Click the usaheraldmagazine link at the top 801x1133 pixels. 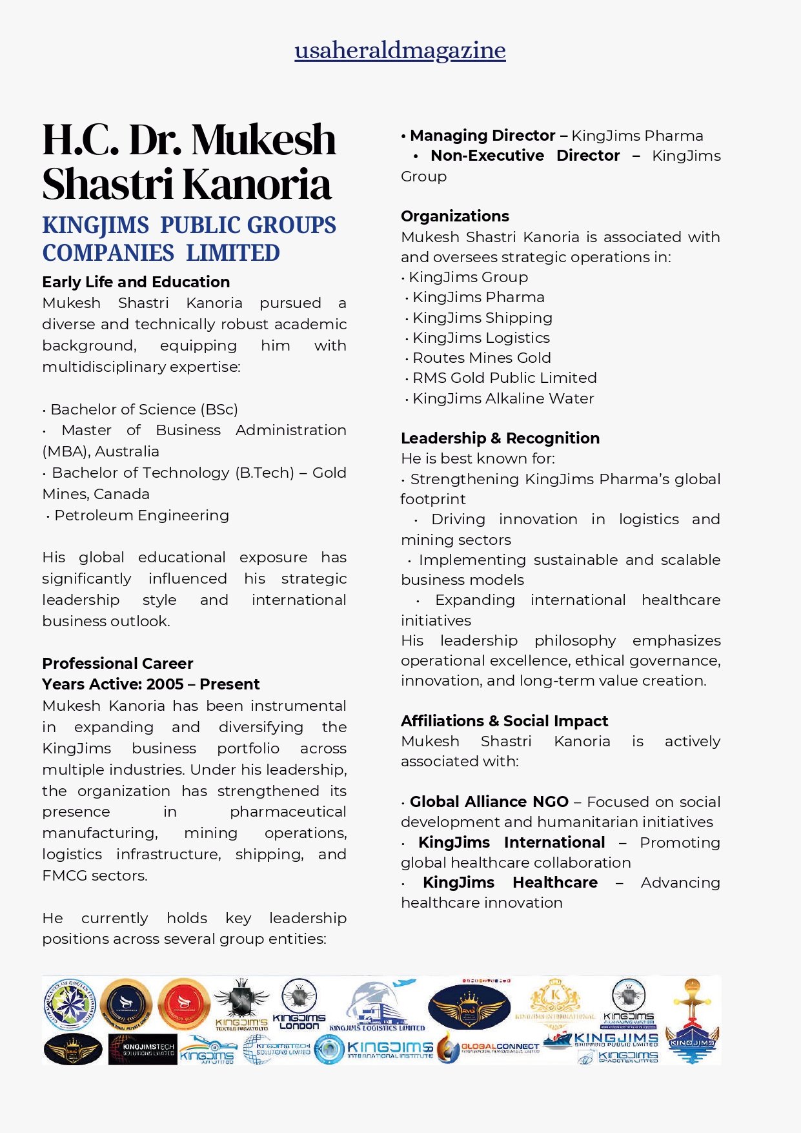tap(400, 50)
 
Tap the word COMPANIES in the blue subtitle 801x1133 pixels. tap(108, 253)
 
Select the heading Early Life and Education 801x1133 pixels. tap(136, 282)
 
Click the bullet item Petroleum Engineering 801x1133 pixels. tap(141, 515)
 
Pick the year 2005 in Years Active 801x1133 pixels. tap(165, 684)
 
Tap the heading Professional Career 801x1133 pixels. tap(117, 663)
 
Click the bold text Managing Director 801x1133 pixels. tap(482, 136)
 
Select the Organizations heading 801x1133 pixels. tap(454, 216)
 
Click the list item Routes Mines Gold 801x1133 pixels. tap(482, 358)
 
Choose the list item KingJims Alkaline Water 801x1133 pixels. tap(503, 398)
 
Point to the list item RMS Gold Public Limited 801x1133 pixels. tap(504, 378)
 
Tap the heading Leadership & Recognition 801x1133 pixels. tap(500, 438)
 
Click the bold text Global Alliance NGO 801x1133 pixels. tap(489, 802)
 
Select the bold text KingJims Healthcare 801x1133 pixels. tap(510, 883)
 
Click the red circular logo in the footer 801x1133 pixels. tap(184, 1003)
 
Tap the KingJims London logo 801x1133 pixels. tap(299, 1004)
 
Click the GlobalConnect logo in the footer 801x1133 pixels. tap(491, 1047)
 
